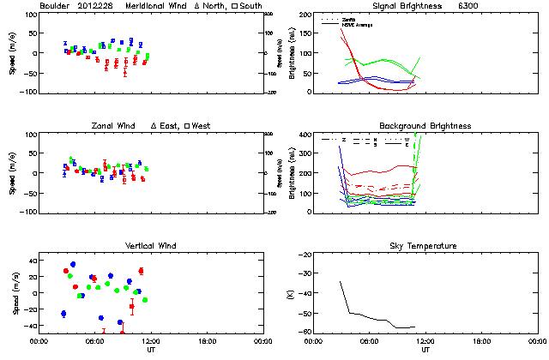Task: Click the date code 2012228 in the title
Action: (99, 6)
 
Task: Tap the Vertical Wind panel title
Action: (149, 246)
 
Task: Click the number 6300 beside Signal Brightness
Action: (492, 6)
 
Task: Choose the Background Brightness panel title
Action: (425, 126)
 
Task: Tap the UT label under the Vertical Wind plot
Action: (151, 350)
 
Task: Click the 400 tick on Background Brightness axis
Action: (305, 135)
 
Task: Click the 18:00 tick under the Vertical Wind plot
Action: (207, 341)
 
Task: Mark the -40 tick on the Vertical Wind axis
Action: (28, 326)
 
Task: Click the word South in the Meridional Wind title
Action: (251, 6)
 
